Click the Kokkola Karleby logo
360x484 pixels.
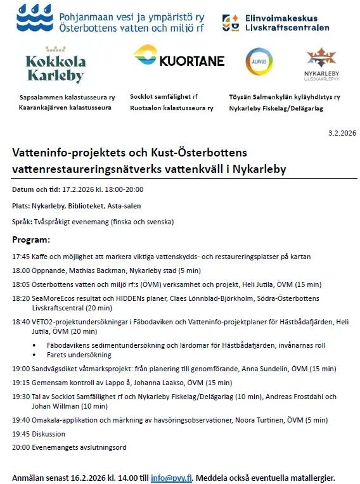pos(55,65)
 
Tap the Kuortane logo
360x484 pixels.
pos(179,59)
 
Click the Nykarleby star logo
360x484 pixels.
pos(321,61)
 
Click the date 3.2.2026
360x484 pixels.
pos(343,132)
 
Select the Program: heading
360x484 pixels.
pos(31,241)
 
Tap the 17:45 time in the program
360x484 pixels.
pos(20,257)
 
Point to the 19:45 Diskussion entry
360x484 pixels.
pos(39,434)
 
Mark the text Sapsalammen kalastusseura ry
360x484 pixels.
pos(67,98)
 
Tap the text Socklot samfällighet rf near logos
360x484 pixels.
pos(164,97)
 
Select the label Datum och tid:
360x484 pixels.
pos(35,189)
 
